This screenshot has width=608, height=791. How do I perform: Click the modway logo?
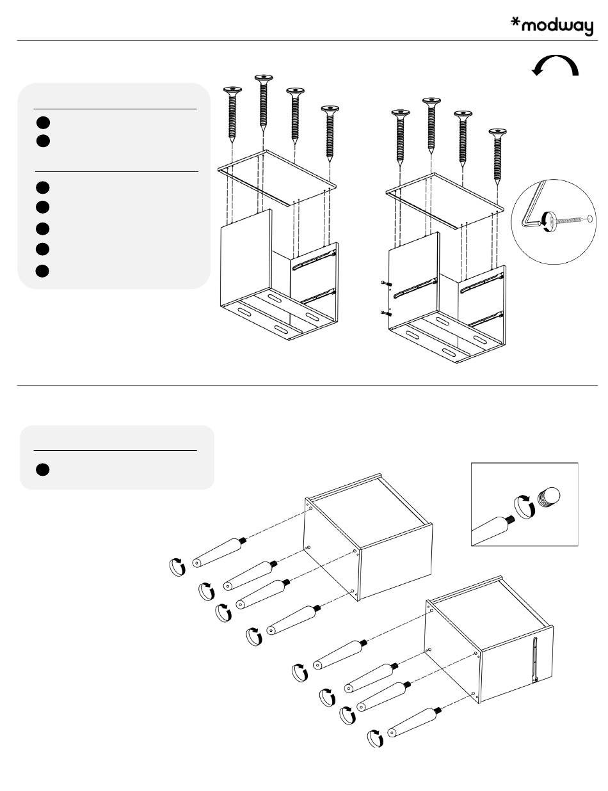pyautogui.click(x=552, y=26)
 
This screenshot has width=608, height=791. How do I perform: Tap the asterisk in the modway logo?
pyautogui.click(x=515, y=22)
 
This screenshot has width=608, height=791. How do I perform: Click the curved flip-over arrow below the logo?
pyautogui.click(x=555, y=65)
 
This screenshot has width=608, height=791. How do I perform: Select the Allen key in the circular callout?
pyautogui.click(x=532, y=207)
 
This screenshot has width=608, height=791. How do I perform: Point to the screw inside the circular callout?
pyautogui.click(x=566, y=219)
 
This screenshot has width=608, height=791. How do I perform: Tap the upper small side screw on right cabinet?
pyautogui.click(x=386, y=283)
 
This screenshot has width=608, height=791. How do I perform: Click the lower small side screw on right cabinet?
pyautogui.click(x=386, y=313)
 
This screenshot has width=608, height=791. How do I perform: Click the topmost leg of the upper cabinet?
pyautogui.click(x=220, y=552)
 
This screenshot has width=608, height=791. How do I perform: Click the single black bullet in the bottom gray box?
pyautogui.click(x=43, y=469)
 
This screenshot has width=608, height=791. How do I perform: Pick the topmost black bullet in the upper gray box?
pyautogui.click(x=43, y=123)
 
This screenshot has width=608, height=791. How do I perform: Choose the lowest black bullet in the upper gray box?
pyautogui.click(x=42, y=271)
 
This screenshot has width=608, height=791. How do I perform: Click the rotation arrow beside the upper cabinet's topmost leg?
pyautogui.click(x=177, y=567)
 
